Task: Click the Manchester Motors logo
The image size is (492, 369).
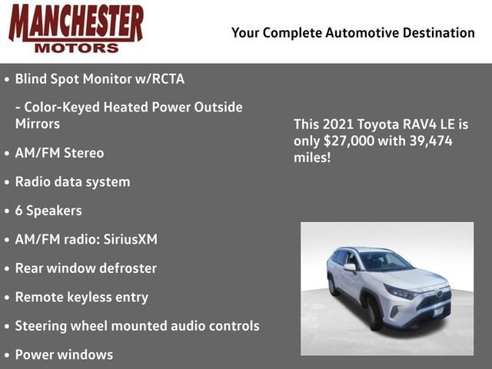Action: pos(76,28)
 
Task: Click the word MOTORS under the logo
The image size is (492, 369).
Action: pos(77,48)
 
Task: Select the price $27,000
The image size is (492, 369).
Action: pos(349,141)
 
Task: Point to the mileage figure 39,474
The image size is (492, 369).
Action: pos(430,141)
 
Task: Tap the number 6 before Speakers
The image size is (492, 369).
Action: pos(18,211)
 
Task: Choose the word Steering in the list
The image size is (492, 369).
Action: pos(41,326)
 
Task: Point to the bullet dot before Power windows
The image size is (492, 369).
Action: pos(7,355)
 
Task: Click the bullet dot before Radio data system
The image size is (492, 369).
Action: pos(7,183)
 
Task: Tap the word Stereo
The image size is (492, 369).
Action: pos(84,153)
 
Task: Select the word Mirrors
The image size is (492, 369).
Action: pos(38,124)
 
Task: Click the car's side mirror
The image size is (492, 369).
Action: pos(350,268)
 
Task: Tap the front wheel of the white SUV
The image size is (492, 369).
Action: pos(374,314)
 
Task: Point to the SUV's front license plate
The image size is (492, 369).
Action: pos(439,311)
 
